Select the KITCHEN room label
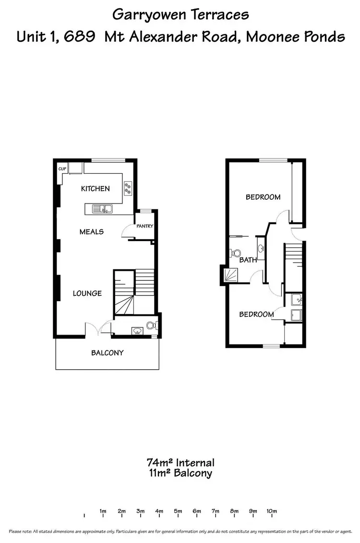point(95,189)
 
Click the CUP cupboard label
point(62,169)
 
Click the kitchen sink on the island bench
point(103,208)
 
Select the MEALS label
point(91,231)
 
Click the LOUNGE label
point(87,293)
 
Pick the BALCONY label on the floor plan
point(108,352)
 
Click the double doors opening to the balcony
point(98,328)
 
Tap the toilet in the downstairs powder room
point(151,326)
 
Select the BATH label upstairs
point(248,260)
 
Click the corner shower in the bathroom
point(230,275)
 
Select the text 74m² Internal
point(180,463)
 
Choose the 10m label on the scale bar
point(271,511)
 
